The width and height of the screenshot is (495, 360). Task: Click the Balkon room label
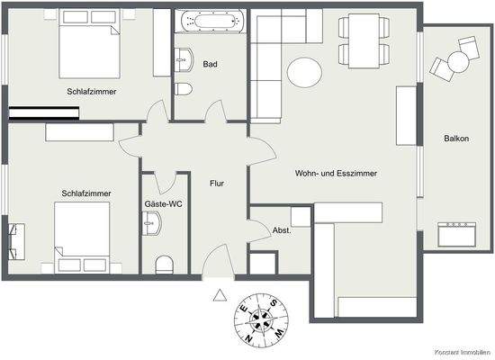454,138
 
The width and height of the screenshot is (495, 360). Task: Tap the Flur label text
216,184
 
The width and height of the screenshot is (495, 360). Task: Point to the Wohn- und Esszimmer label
335,173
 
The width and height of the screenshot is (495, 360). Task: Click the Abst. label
282,229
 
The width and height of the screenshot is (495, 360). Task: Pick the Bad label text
210,64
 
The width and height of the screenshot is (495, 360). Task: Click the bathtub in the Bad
209,22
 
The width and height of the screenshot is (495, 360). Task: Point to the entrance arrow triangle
219,294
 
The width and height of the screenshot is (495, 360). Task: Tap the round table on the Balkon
456,61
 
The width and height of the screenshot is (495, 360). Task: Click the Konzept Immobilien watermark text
463,352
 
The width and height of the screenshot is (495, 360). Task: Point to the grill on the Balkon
455,233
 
